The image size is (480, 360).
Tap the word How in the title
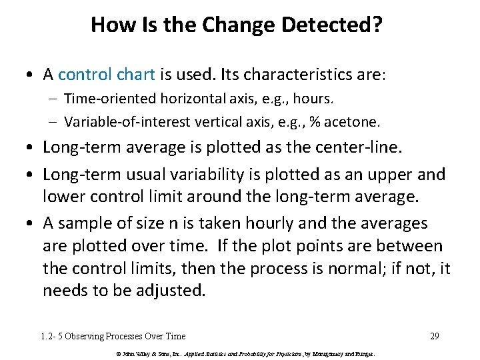108,25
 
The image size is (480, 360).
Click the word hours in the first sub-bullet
316,99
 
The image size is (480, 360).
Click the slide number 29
434,336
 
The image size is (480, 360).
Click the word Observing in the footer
92,336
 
